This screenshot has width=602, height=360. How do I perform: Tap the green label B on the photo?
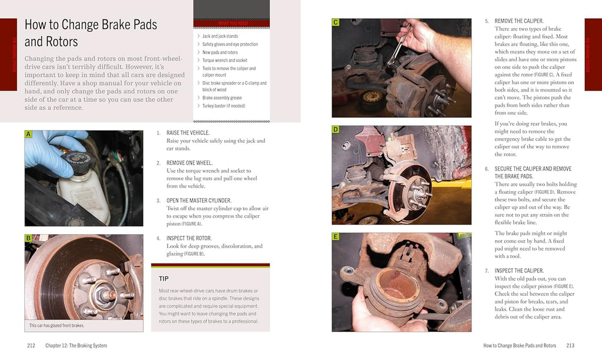28,238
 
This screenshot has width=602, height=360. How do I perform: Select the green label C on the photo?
336,22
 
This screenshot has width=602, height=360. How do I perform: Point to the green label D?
336,129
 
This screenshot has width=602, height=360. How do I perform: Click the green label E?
336,236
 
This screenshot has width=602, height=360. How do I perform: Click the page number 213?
570,345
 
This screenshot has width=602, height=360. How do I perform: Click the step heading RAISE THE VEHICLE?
188,133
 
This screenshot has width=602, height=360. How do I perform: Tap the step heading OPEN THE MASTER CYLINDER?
199,201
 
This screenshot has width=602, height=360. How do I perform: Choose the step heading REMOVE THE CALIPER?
519,21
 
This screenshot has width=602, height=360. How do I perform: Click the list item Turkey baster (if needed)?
223,106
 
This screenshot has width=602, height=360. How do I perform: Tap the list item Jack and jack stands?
220,36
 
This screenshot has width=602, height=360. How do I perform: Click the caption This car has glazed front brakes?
56,325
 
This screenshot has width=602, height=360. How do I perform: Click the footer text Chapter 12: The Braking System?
76,345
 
